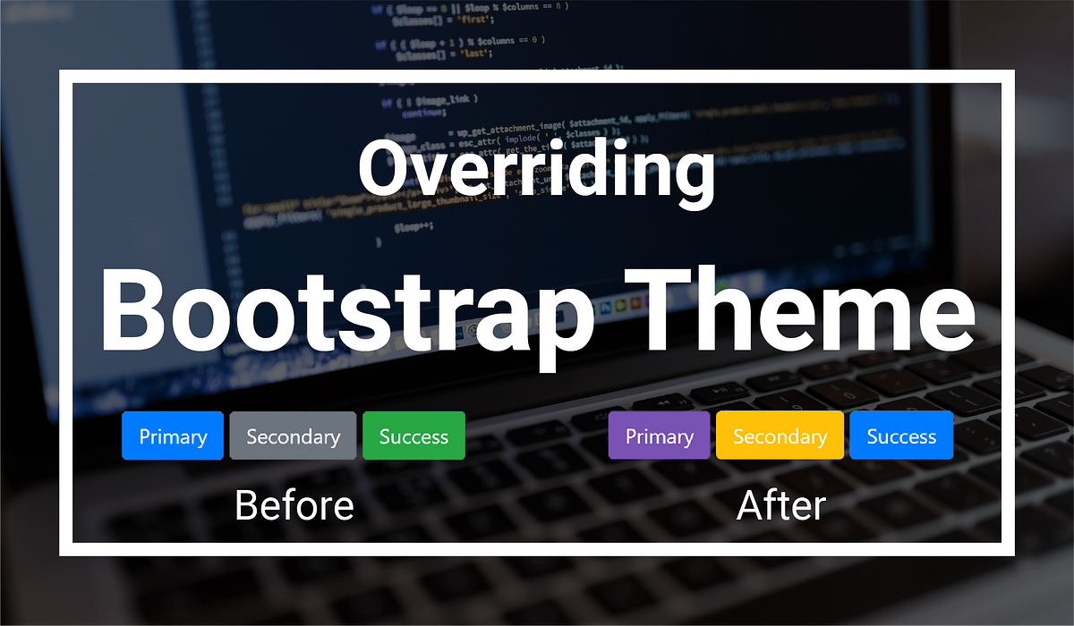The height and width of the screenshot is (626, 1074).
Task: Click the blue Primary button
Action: pos(172,436)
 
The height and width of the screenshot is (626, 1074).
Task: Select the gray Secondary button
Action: pos(293,436)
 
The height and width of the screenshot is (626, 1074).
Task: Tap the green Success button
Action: pos(413,436)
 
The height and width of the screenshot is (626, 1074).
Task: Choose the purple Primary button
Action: pos(659,436)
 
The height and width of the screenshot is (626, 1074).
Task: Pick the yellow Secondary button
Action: pos(780,436)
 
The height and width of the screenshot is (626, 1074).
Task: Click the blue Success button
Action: pos(901,436)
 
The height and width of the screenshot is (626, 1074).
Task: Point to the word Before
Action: pos(294,505)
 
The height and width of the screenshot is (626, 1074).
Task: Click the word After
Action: pos(780,505)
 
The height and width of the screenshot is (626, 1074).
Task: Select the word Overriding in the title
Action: pos(536,170)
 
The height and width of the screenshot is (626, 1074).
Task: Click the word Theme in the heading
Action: pos(805,309)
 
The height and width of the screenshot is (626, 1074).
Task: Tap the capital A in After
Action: pos(753,505)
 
